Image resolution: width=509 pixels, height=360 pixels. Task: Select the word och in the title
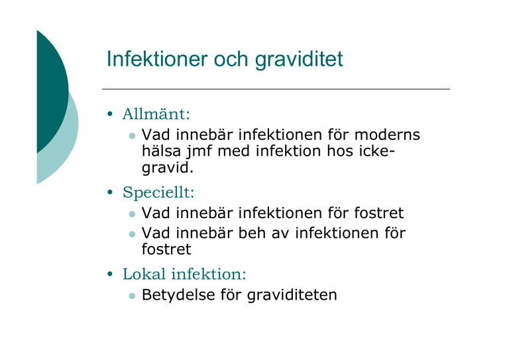pyautogui.click(x=231, y=59)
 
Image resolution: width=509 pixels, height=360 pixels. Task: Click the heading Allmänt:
pyautogui.click(x=156, y=114)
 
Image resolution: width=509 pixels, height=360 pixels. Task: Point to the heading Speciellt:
pyautogui.click(x=158, y=192)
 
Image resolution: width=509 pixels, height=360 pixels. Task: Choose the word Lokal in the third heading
pyautogui.click(x=144, y=274)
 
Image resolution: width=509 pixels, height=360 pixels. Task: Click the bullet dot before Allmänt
pyautogui.click(x=110, y=114)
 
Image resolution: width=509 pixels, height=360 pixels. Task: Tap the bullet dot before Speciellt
pyautogui.click(x=110, y=192)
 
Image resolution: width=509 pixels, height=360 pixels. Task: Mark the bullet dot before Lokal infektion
pyautogui.click(x=110, y=274)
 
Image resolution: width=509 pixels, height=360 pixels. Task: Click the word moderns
pyautogui.click(x=387, y=135)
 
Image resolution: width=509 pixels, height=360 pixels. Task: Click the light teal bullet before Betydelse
pyautogui.click(x=132, y=296)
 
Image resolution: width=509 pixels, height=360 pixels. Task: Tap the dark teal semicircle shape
pyautogui.click(x=52, y=91)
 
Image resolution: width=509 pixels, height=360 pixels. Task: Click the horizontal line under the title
pyautogui.click(x=276, y=89)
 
